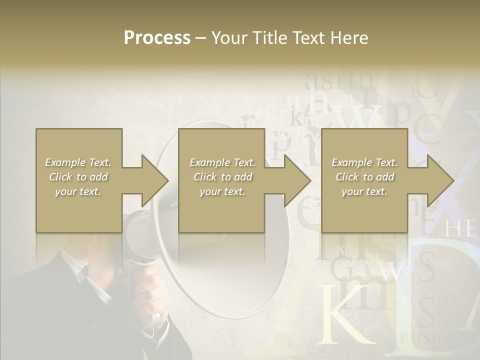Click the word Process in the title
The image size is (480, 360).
coord(157,38)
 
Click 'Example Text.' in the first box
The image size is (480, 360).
coord(78,162)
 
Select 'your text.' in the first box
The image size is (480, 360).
coord(78,191)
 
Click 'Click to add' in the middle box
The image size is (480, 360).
coord(222,177)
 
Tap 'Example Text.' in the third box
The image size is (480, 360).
coord(364,162)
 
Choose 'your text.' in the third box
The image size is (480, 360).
coord(364,191)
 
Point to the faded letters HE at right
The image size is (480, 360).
coord(459,229)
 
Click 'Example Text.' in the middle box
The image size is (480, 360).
coord(222,162)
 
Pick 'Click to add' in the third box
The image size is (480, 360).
coord(364,177)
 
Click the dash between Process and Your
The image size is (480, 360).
coord(201,38)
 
